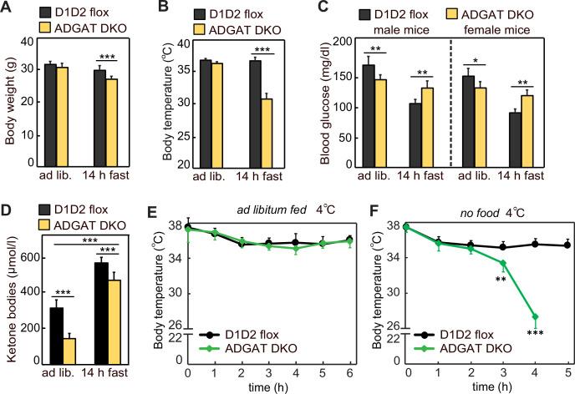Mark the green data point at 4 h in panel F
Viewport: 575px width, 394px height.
point(534,317)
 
